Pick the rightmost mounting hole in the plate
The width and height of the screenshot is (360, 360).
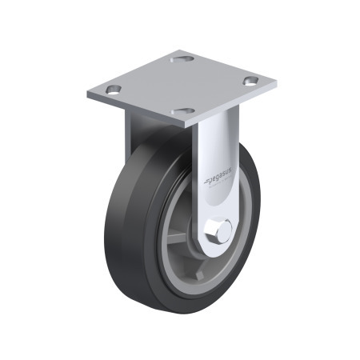pyautogui.click(x=250, y=81)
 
